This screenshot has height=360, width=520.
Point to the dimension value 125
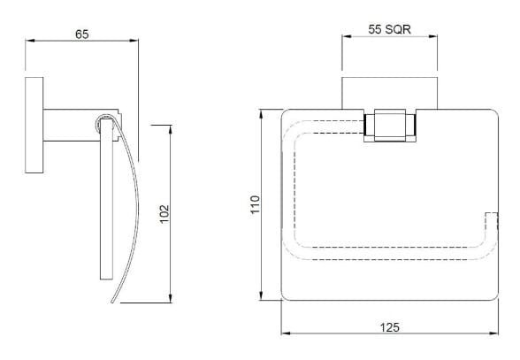(x=387, y=326)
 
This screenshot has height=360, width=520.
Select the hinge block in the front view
(x=387, y=126)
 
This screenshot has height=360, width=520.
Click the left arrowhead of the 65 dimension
(x=29, y=40)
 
